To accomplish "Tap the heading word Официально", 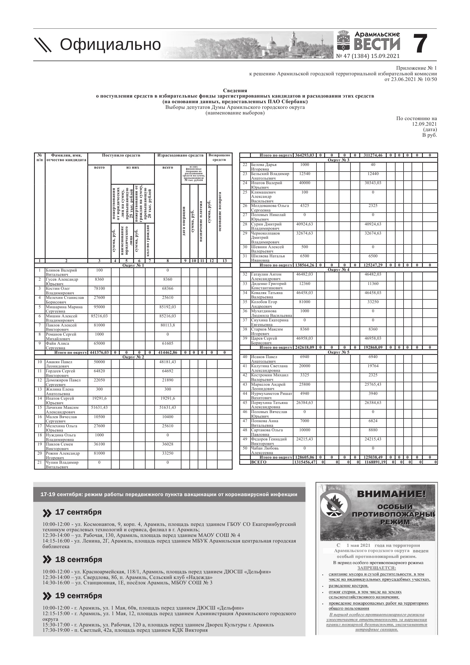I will [x=110, y=44].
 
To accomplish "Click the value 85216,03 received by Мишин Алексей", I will [x=99, y=316].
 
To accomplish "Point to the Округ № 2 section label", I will [x=133, y=357].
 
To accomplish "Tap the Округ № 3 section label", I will [x=338, y=160].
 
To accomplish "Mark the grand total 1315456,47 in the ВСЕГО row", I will [x=305, y=462].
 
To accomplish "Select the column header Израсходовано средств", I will [x=180, y=155].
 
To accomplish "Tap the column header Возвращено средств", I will [x=219, y=158].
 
